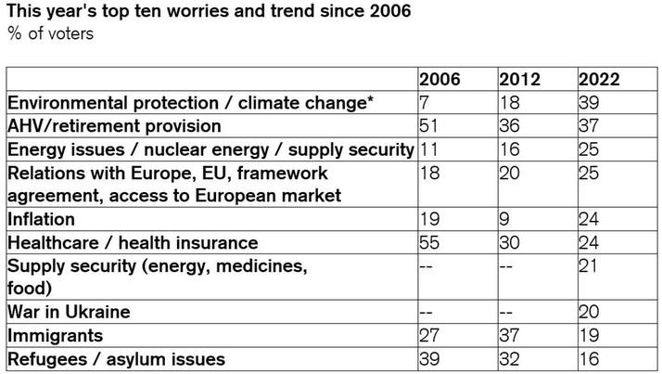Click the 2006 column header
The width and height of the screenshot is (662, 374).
pos(439,79)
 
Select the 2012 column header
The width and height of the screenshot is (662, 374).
pos(519,79)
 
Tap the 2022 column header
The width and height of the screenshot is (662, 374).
pos(598,79)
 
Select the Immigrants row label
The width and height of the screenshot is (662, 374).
pos(55,335)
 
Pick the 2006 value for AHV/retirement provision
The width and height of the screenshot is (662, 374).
pos(429,125)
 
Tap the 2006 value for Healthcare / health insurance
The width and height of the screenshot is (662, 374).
pos(430,243)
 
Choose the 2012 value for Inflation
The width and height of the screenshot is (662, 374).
pos(504,220)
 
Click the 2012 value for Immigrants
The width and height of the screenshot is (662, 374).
pos(509,335)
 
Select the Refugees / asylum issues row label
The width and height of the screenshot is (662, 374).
pos(114,358)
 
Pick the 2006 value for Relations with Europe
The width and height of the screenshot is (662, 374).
pos(429,173)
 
